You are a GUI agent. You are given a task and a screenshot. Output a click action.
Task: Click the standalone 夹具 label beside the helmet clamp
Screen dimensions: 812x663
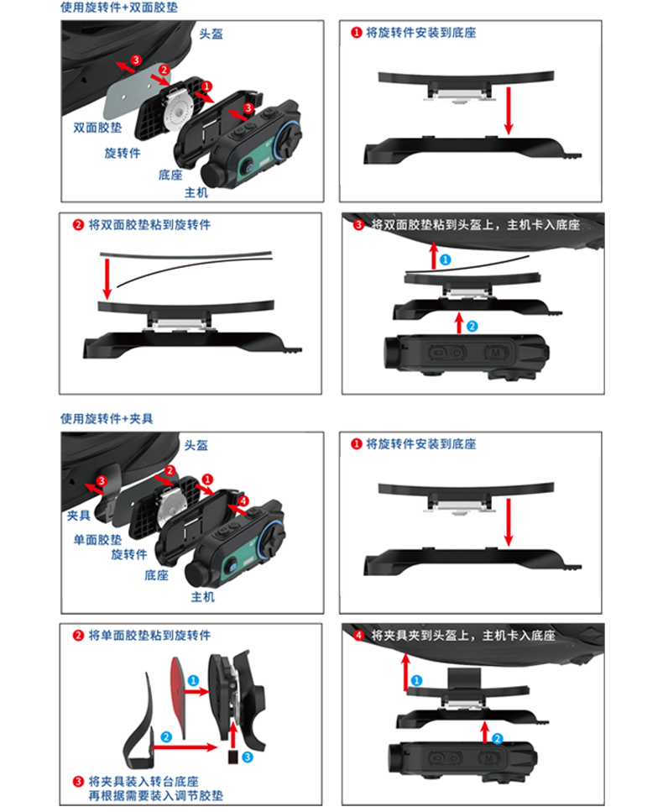(x=78, y=515)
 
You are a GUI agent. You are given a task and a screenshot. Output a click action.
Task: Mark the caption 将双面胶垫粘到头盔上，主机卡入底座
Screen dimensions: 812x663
(x=474, y=224)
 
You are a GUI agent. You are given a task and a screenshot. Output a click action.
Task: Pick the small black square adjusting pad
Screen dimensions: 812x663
(x=231, y=758)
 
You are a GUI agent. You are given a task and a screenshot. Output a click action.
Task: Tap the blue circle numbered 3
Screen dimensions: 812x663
(x=247, y=757)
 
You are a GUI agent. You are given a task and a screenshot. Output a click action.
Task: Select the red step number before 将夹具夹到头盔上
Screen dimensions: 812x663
(x=359, y=636)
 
